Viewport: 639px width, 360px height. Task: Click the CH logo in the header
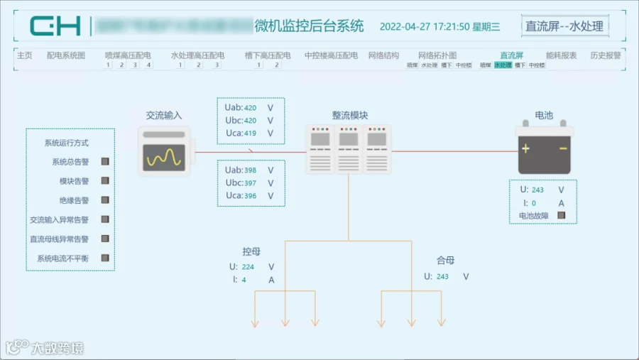click(x=55, y=26)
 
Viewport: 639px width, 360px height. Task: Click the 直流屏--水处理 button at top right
click(x=564, y=26)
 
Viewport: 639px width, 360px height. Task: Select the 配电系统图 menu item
click(x=65, y=55)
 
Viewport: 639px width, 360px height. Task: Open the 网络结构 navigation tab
click(x=383, y=55)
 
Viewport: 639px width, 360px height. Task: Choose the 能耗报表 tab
click(x=561, y=55)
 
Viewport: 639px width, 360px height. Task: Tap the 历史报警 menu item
click(x=605, y=55)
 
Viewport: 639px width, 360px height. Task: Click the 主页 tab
click(x=24, y=55)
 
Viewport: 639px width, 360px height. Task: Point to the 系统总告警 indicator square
click(x=105, y=162)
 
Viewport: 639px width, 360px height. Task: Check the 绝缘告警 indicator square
click(x=105, y=200)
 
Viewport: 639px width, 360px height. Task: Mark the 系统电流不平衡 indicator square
click(x=105, y=258)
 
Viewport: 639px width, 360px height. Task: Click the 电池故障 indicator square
click(x=561, y=215)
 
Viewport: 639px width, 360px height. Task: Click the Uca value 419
click(x=250, y=133)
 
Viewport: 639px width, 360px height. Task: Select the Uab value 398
click(x=250, y=170)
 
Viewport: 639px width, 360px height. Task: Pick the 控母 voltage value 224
click(x=247, y=267)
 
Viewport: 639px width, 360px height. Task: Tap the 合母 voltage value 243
click(x=442, y=277)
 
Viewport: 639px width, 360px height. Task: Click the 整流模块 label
click(x=349, y=115)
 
